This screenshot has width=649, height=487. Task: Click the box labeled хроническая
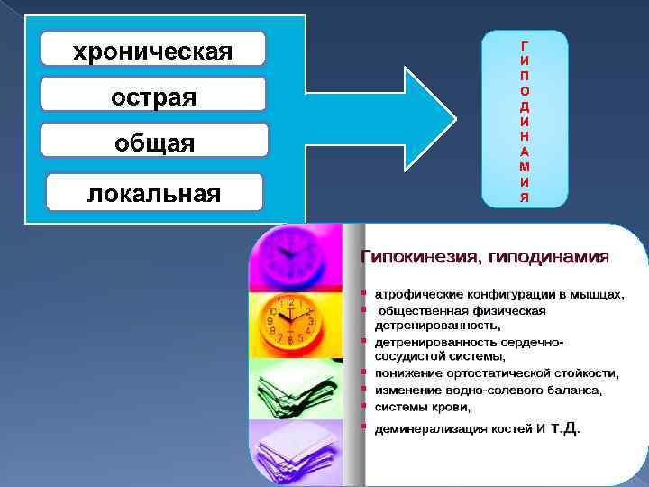pyautogui.click(x=153, y=50)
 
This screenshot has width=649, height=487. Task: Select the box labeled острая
pyautogui.click(x=153, y=95)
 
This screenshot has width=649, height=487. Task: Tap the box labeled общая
pyautogui.click(x=154, y=142)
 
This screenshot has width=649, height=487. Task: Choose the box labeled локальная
pyautogui.click(x=153, y=191)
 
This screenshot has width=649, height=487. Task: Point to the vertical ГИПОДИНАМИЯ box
pyautogui.click(x=525, y=120)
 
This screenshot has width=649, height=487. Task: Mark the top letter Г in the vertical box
pyautogui.click(x=525, y=43)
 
